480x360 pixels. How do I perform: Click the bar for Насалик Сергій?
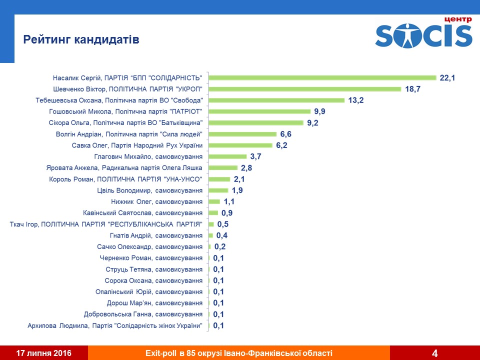tap(322, 77)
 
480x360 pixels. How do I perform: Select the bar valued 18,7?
tap(305, 89)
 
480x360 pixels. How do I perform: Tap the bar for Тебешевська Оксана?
tap(276, 100)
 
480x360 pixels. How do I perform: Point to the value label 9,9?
tap(320, 111)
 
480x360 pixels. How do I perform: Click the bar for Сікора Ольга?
tap(256, 122)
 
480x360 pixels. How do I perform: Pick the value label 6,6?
tap(286, 134)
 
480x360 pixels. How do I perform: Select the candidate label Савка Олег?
tap(137, 145)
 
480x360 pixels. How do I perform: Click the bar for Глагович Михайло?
tap(227, 156)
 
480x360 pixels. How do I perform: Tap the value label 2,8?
tap(246, 168)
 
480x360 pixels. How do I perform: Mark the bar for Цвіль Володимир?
tap(218, 190)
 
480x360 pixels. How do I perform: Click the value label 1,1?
tap(229, 201)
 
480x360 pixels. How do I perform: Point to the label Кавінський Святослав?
tap(142, 213)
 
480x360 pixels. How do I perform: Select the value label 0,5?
tap(223, 224)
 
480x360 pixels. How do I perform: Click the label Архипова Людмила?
tap(117, 325)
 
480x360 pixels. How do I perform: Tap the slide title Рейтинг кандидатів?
tap(81, 39)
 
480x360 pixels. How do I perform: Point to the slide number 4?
tap(434, 353)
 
